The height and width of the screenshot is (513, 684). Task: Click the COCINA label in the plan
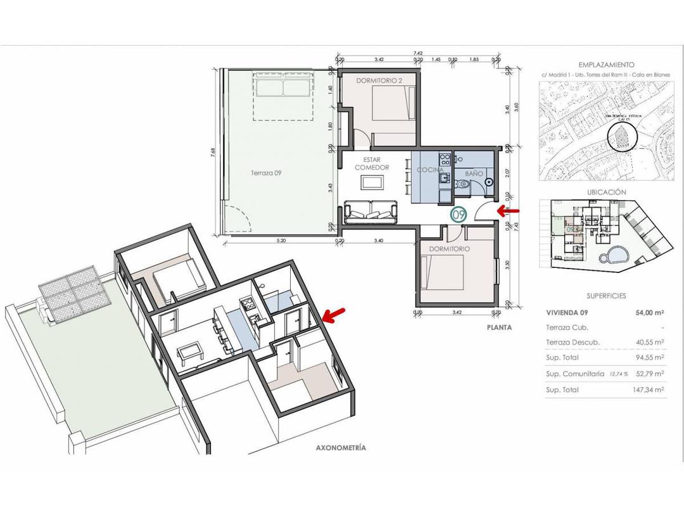click(x=430, y=170)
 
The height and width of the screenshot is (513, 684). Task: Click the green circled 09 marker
click(x=459, y=214)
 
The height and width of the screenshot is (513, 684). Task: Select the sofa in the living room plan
click(x=372, y=212)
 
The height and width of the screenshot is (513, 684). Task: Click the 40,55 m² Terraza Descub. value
click(x=649, y=342)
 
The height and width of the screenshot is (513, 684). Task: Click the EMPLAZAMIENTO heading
click(x=606, y=65)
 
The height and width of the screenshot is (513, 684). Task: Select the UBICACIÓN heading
click(x=606, y=192)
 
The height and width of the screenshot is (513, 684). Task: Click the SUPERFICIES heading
click(x=606, y=296)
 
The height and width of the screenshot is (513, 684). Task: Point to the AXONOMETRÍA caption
click(x=341, y=448)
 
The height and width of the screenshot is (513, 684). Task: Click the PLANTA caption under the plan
click(x=499, y=327)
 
